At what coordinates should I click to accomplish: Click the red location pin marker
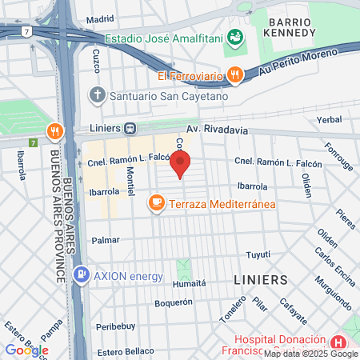181,164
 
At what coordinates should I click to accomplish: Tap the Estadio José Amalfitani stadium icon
234,37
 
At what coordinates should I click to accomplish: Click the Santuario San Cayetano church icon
98,96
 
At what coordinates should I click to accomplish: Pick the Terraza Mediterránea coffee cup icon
157,204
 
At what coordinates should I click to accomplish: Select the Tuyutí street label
258,254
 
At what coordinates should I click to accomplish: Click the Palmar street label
106,239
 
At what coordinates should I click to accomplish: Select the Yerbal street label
329,119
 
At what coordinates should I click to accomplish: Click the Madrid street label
100,19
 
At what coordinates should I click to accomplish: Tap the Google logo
26,350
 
